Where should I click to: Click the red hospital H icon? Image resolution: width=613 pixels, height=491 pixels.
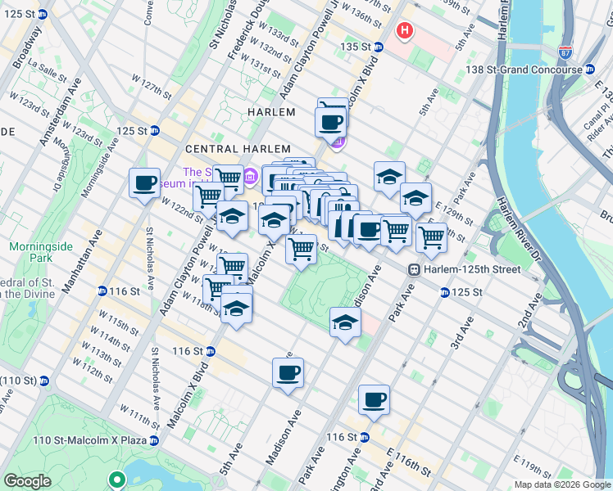point(403,31)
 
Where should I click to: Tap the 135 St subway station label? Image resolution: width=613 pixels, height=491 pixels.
point(361,47)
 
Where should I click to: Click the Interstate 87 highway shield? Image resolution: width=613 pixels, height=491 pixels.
point(565,52)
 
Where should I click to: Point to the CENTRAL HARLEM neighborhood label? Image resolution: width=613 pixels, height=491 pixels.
point(238,149)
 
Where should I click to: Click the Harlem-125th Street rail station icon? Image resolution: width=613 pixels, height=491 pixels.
point(415,269)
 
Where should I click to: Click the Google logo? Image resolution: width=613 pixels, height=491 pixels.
point(27,481)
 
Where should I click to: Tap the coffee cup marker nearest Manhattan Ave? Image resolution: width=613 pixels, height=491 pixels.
point(144,182)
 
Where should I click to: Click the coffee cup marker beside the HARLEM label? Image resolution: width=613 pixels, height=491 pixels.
point(330,123)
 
